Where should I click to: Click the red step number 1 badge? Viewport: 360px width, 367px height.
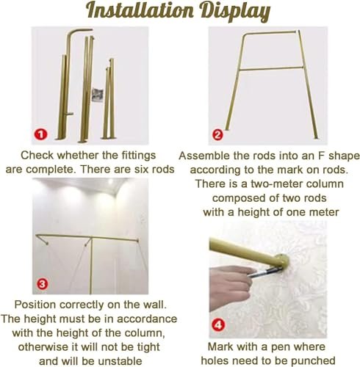[40, 134]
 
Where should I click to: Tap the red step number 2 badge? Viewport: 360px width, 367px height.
[217, 135]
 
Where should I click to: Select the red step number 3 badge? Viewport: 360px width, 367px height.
[43, 284]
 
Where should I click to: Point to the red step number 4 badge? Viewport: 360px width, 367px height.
[218, 325]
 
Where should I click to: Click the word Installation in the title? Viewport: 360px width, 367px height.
[140, 10]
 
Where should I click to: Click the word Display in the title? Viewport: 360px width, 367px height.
[235, 12]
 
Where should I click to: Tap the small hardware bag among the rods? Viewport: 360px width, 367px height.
[97, 95]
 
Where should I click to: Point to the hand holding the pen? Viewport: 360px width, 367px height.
[230, 286]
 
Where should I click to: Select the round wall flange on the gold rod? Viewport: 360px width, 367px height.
[281, 262]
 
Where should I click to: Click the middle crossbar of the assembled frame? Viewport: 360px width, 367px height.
[271, 68]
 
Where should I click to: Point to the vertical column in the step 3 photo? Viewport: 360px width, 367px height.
[91, 266]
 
